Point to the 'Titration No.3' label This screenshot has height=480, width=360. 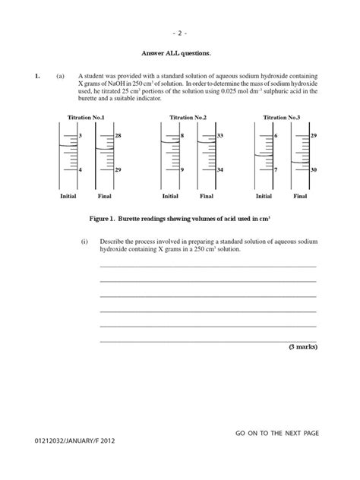pyautogui.click(x=281, y=118)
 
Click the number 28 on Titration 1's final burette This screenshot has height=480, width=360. pyautogui.click(x=118, y=135)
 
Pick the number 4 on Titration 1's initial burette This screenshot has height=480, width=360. pyautogui.click(x=81, y=170)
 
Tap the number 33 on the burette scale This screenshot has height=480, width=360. pyautogui.click(x=219, y=135)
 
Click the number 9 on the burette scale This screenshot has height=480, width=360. pyautogui.click(x=182, y=170)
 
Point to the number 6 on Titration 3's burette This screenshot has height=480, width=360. pyautogui.click(x=276, y=135)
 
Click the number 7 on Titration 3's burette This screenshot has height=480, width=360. pyautogui.click(x=276, y=170)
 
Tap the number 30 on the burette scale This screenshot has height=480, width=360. pyautogui.click(x=314, y=170)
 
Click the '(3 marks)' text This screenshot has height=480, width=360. pyautogui.click(x=302, y=346)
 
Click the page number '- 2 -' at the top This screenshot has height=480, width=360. pyautogui.click(x=179, y=33)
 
